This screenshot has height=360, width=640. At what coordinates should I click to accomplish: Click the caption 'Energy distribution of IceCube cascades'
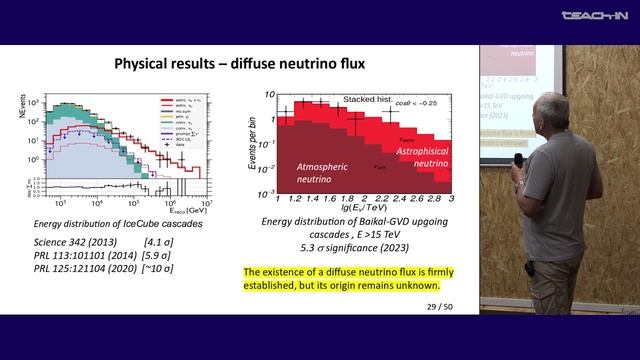[114, 223]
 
